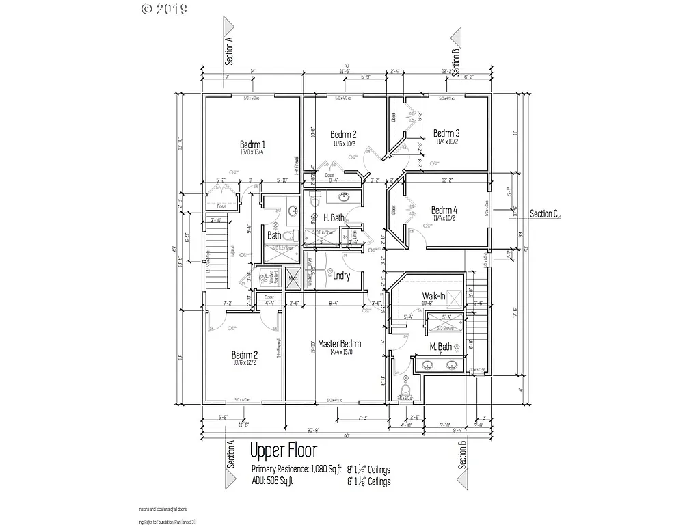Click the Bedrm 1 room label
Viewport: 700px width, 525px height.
coord(252,144)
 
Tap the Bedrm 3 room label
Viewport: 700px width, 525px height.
coord(446,133)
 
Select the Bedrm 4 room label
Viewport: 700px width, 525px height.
coord(444,210)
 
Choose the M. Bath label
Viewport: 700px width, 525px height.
coord(440,347)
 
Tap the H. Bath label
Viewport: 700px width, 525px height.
coord(334,217)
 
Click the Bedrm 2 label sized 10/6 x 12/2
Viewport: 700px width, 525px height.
coord(244,355)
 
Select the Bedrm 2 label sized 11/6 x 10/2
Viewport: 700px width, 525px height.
coord(343,134)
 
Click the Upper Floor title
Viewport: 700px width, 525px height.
coord(283,451)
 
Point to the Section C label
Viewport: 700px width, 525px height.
coord(545,214)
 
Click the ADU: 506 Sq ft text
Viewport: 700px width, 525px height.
coord(272,481)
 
